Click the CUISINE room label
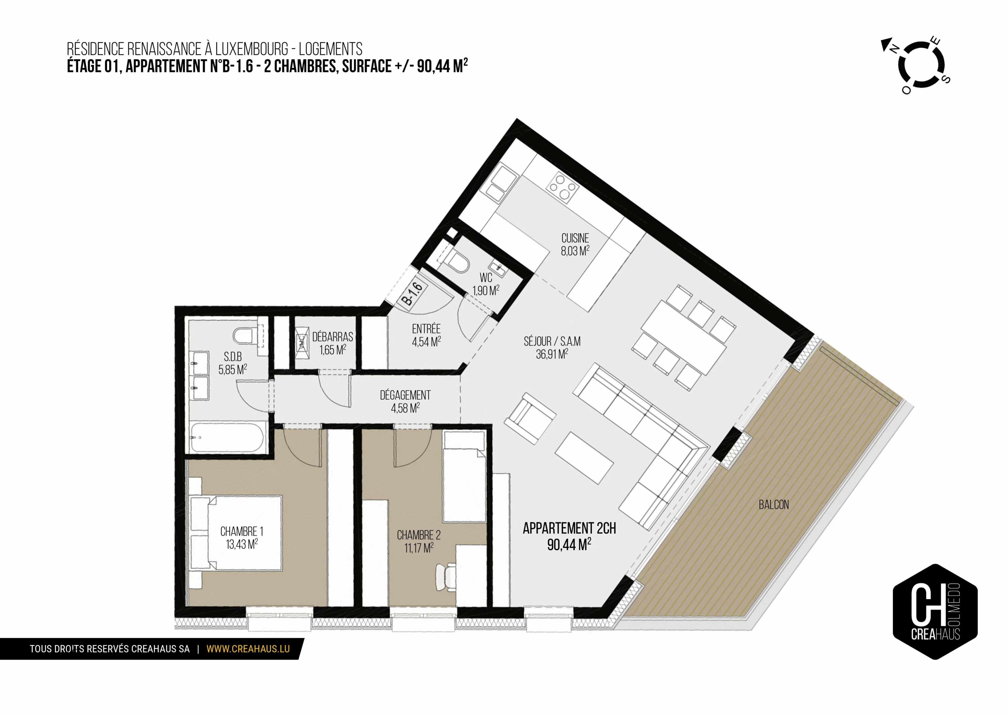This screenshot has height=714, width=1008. click(x=575, y=238)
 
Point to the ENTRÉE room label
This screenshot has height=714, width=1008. click(x=426, y=329)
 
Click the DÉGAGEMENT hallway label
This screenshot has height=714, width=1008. click(x=405, y=395)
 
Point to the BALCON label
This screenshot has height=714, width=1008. click(x=774, y=505)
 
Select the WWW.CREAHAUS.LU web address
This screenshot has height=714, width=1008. click(x=248, y=649)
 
